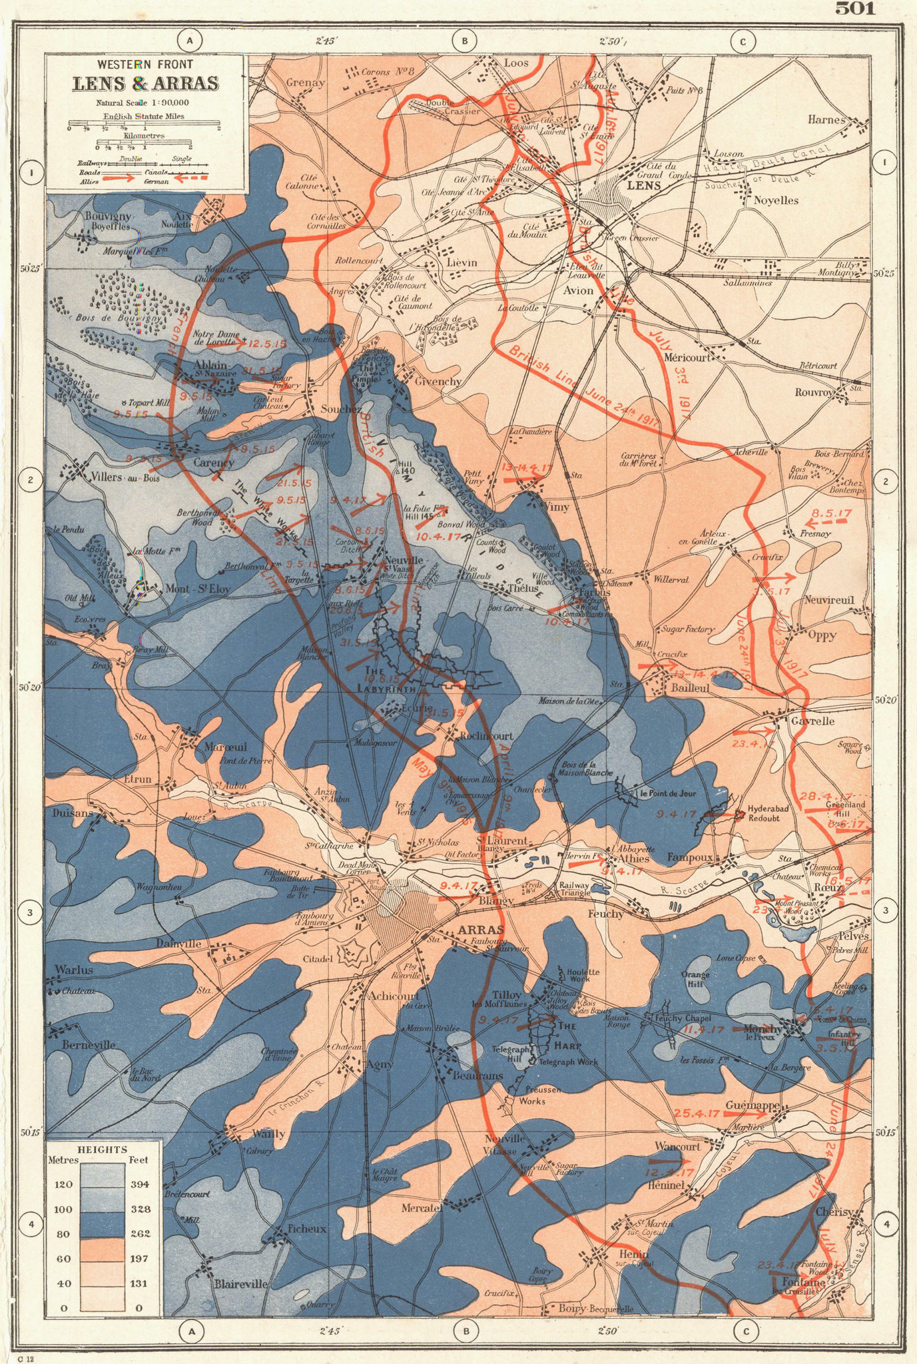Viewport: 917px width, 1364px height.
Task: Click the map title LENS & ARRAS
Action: click(145, 84)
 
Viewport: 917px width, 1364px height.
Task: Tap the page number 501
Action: click(855, 8)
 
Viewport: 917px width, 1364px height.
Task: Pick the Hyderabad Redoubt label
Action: click(768, 813)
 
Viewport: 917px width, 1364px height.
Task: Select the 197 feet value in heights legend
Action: click(139, 1259)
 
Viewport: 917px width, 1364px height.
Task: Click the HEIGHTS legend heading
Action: click(102, 1150)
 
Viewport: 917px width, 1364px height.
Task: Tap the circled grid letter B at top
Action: click(464, 41)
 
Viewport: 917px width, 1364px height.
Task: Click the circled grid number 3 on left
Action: click(30, 912)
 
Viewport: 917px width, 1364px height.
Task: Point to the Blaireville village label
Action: click(240, 1283)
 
